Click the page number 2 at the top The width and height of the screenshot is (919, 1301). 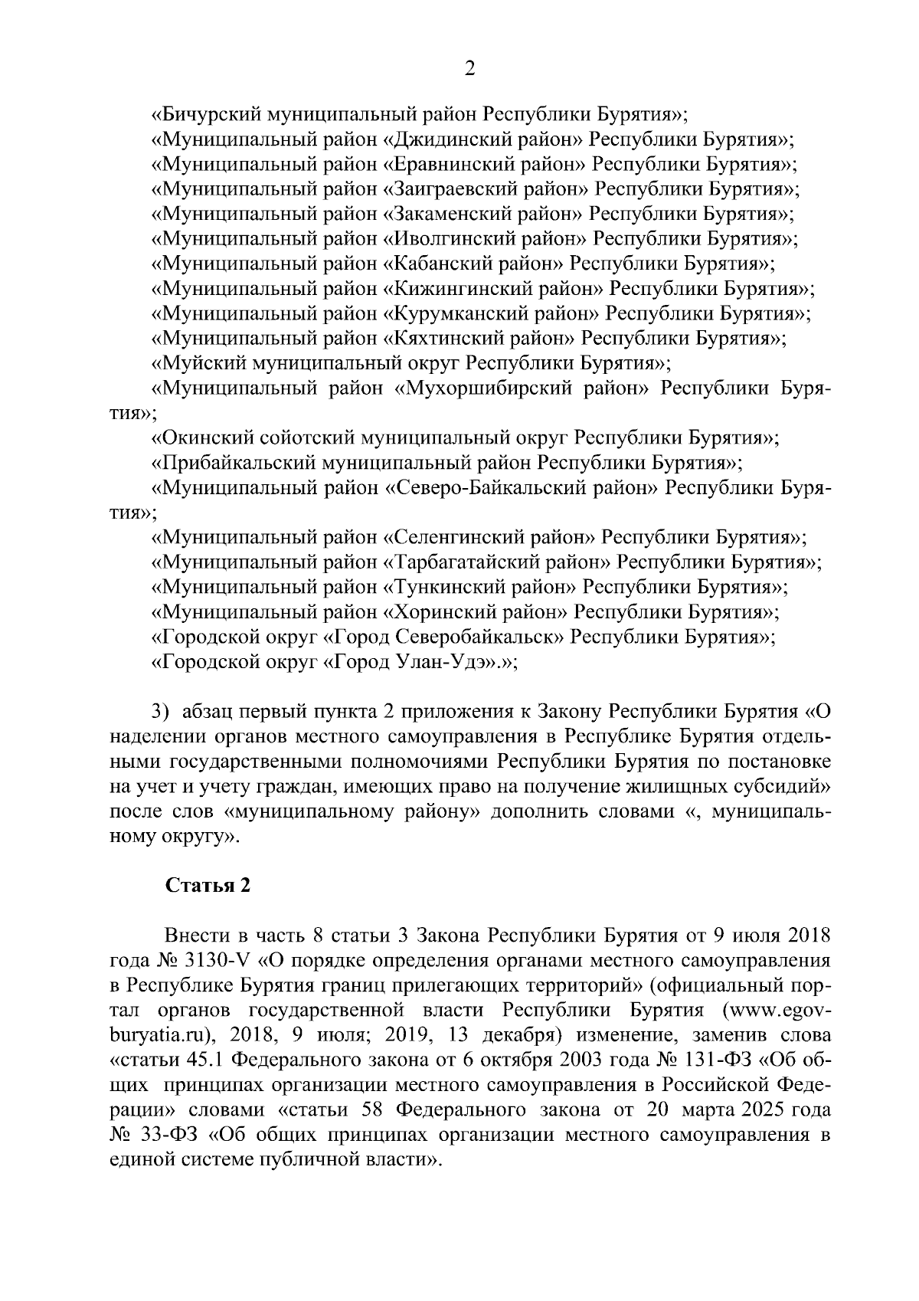tap(470, 69)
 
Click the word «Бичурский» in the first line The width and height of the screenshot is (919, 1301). tap(205, 115)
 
